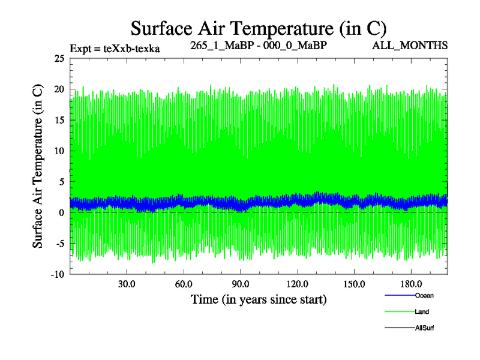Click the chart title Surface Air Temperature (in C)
click(x=258, y=28)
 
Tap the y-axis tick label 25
click(x=59, y=59)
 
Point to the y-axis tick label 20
click(x=59, y=90)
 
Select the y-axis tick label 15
click(x=59, y=121)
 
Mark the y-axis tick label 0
click(x=61, y=213)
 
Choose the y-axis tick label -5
click(x=59, y=244)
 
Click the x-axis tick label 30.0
click(x=127, y=284)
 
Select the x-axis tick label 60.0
click(x=184, y=284)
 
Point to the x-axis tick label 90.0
click(x=241, y=284)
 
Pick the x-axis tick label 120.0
click(x=298, y=284)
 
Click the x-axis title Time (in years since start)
click(x=258, y=299)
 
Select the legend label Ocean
click(x=424, y=295)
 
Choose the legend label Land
click(x=422, y=312)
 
